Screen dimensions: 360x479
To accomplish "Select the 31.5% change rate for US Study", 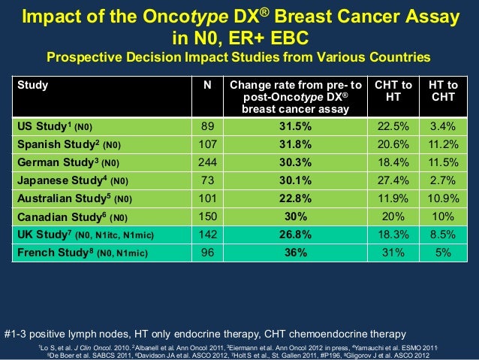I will (296, 126).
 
